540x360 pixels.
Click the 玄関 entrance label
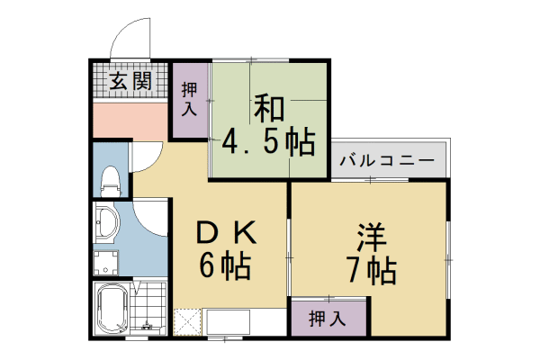tap(130, 82)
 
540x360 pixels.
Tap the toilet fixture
tap(110, 179)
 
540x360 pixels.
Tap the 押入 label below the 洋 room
tap(328, 317)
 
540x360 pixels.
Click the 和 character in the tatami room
tap(268, 108)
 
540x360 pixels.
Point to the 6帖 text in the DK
tap(225, 266)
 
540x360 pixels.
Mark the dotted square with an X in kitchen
tap(189, 321)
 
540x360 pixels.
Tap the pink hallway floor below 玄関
tap(130, 119)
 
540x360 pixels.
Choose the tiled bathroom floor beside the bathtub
tap(149, 310)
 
